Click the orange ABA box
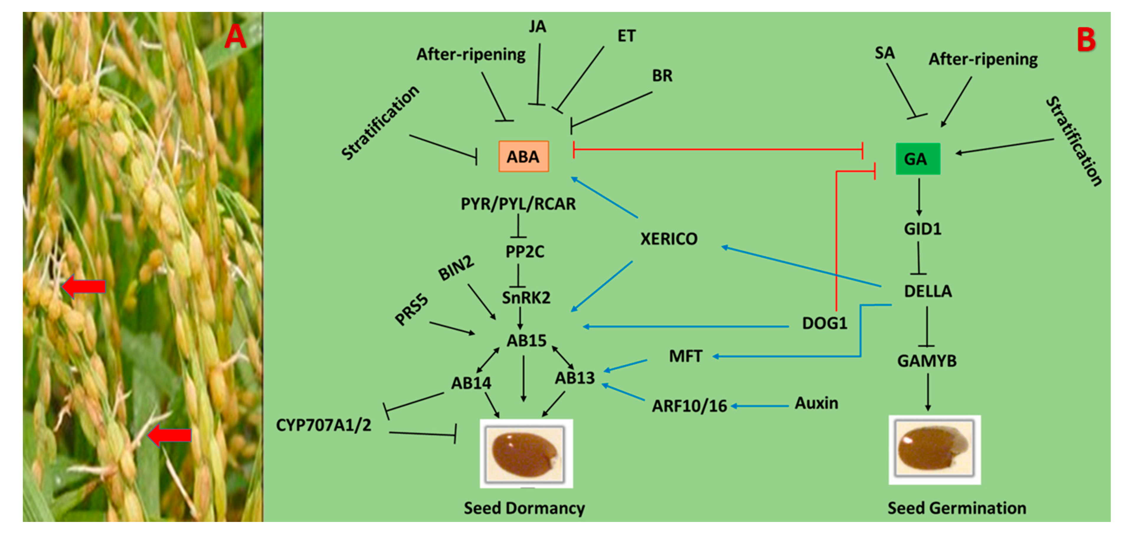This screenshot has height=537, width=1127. [523, 156]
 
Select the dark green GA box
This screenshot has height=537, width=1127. [917, 159]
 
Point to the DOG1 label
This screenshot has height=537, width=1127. [824, 323]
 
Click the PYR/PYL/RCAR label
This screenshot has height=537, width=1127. [518, 204]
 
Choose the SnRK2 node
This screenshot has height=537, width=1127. [526, 298]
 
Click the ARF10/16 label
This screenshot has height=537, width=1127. [689, 406]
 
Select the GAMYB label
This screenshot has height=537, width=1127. [927, 361]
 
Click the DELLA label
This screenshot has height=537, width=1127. [928, 291]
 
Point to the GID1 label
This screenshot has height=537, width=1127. [922, 229]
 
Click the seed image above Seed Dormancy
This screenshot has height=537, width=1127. [526, 453]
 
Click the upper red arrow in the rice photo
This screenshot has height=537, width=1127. [84, 287]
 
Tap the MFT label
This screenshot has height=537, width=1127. [685, 356]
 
